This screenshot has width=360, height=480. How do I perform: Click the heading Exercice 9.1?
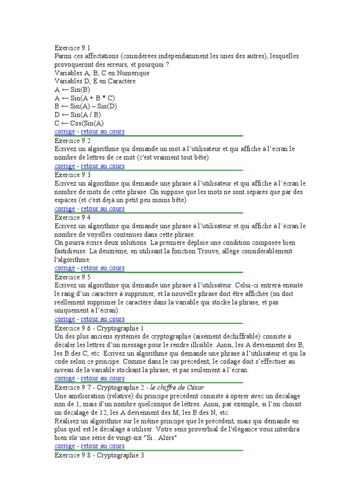[x=72, y=48]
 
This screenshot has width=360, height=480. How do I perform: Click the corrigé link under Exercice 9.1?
[x=65, y=132]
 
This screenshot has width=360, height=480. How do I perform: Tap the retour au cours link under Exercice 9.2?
[x=103, y=166]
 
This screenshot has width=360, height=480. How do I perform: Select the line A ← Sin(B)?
[x=72, y=90]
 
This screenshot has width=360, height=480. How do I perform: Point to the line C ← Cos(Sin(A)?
[x=79, y=123]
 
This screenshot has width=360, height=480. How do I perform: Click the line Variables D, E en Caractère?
[x=95, y=81]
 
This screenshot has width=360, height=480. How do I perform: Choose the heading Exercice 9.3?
[x=72, y=174]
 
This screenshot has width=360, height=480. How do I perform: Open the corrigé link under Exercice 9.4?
[x=65, y=268]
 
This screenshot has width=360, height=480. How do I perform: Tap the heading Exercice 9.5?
[x=72, y=277]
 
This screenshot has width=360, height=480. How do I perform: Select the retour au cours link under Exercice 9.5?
[x=103, y=319]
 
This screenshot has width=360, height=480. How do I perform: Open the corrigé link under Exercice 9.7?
[x=65, y=446]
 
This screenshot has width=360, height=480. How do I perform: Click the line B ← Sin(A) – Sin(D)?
[x=86, y=106]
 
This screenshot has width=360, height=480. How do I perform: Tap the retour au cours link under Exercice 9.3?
[x=103, y=209]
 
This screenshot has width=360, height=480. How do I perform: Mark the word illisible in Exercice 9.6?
[x=222, y=345]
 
